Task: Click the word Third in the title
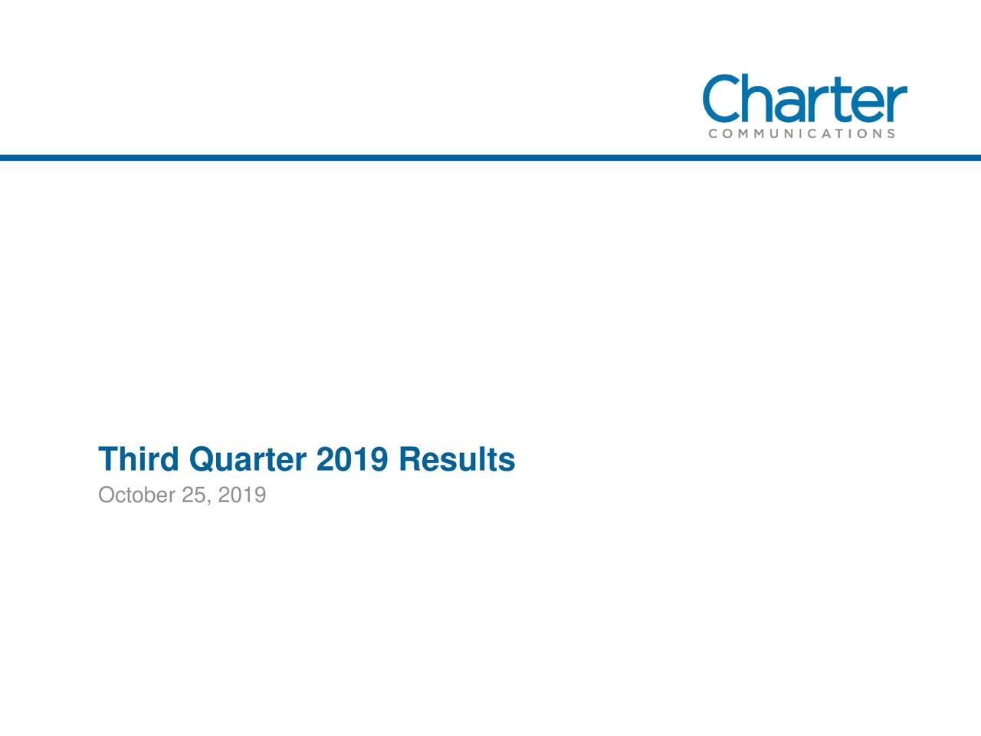pyautogui.click(x=138, y=460)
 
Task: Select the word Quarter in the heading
pyautogui.click(x=247, y=460)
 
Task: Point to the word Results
pyautogui.click(x=457, y=460)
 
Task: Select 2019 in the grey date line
pyautogui.click(x=242, y=496)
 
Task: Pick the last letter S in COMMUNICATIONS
pyautogui.click(x=890, y=133)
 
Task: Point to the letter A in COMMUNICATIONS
pyautogui.click(x=831, y=133)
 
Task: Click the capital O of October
pyautogui.click(x=107, y=496)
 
